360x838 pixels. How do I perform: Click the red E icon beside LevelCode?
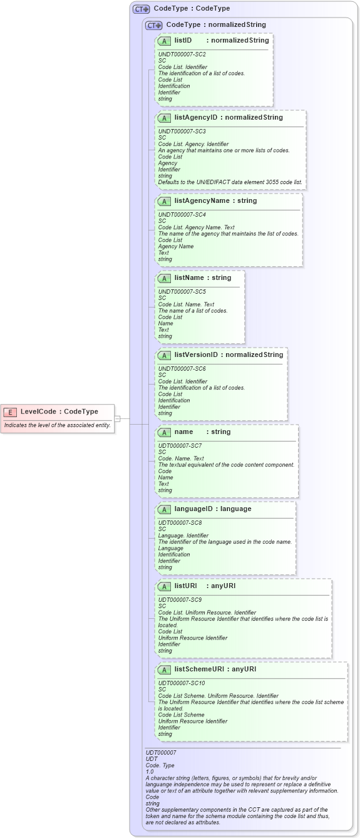[10, 411]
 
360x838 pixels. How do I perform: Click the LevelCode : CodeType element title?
[59, 411]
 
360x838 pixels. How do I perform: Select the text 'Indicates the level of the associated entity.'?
[57, 425]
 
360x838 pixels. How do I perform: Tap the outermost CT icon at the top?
[141, 9]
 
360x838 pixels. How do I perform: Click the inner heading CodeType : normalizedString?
[215, 25]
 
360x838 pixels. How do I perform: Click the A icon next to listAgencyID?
[164, 118]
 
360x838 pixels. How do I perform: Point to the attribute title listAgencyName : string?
[215, 201]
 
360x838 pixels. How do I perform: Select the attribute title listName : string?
[203, 278]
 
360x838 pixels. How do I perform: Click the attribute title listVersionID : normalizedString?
[229, 355]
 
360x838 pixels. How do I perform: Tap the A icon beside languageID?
[164, 509]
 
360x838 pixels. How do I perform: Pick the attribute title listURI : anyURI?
[206, 586]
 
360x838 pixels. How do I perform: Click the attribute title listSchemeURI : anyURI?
[215, 669]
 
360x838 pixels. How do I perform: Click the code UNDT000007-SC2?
[182, 54]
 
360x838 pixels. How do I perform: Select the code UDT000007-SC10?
[182, 683]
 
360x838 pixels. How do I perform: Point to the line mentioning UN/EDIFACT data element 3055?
[230, 182]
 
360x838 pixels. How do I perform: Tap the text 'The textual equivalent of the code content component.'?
[226, 465]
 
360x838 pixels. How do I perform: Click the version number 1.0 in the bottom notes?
[150, 772]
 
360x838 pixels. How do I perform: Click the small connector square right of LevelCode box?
[117, 418]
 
